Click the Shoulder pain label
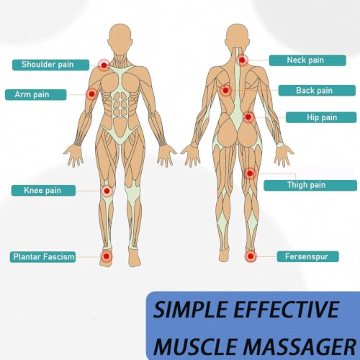point(50,65)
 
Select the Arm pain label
point(35,94)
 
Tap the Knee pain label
point(43,191)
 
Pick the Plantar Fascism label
point(42,257)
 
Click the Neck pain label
point(307,60)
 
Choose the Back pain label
point(317,91)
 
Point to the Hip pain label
point(321,117)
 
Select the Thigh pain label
point(310,185)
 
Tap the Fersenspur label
point(307,256)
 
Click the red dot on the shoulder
point(104,65)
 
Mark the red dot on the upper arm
point(91,94)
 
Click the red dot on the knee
point(107,191)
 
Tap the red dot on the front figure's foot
point(107,256)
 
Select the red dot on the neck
point(242,60)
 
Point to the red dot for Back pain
point(225,91)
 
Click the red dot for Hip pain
point(248,117)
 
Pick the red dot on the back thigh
point(250,173)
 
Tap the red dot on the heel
point(251,256)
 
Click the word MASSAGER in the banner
point(300,346)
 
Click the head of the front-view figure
point(120,40)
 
